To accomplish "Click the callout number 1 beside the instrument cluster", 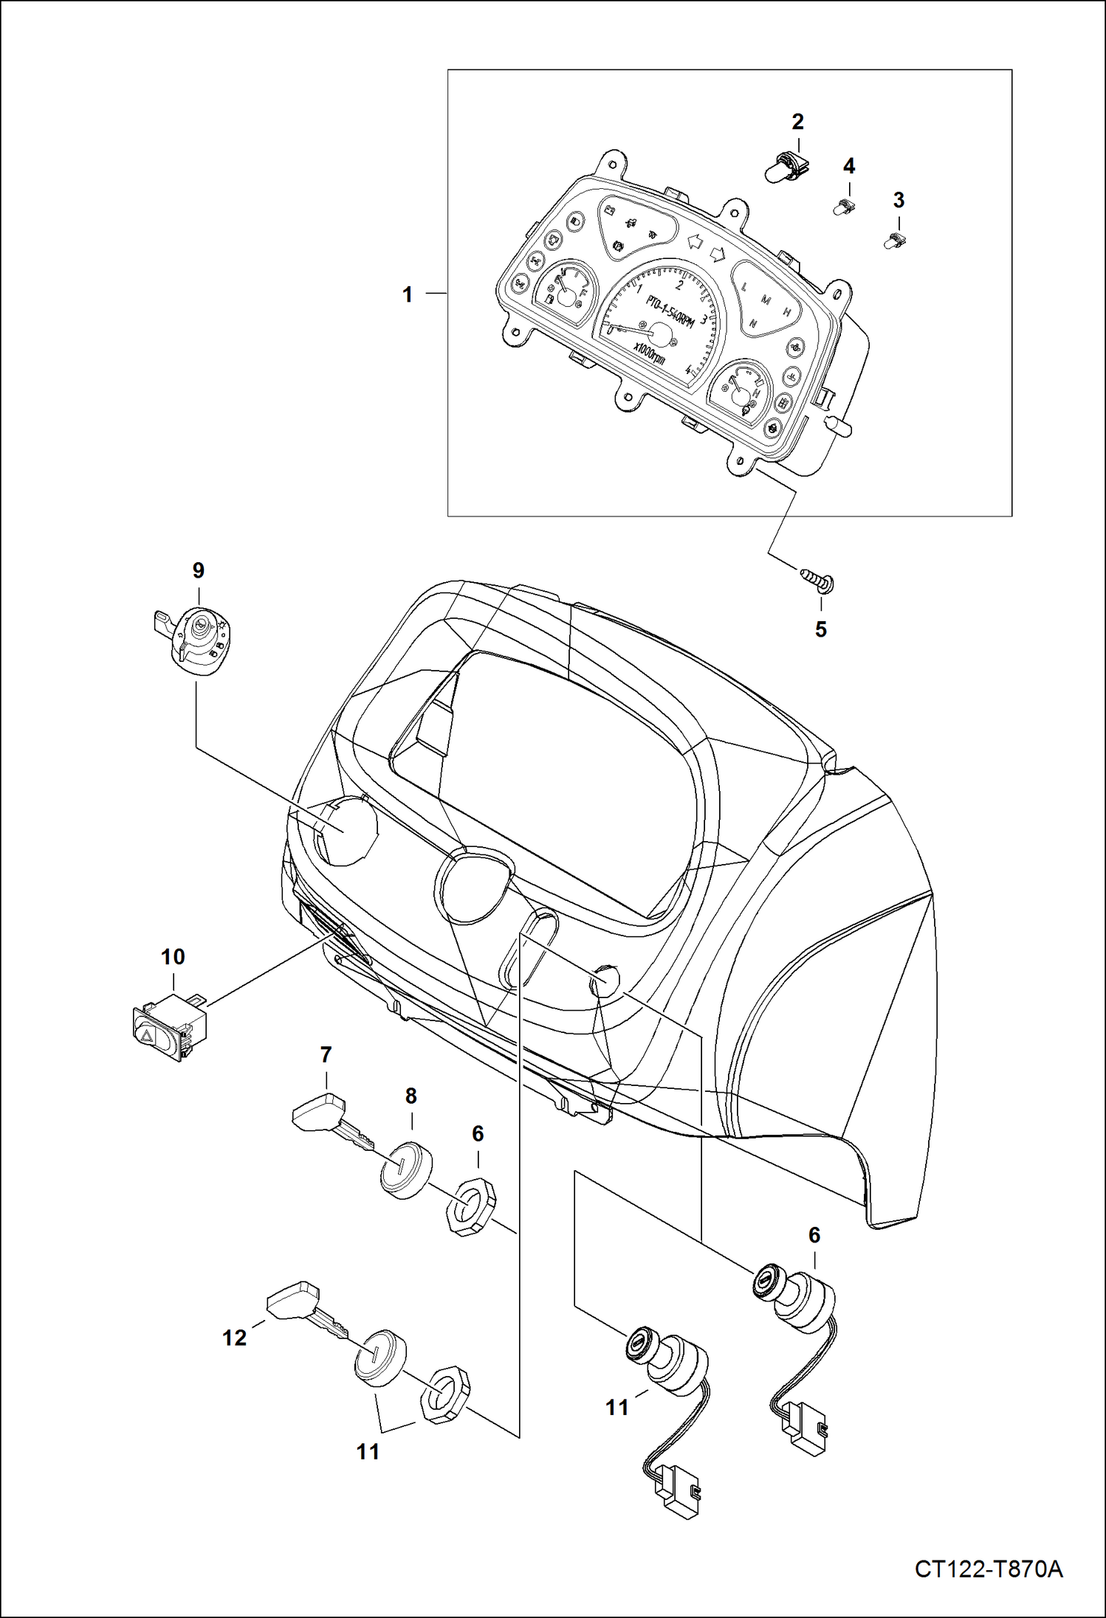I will coord(407,295).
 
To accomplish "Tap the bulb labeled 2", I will coord(786,167).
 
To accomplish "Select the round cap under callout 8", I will coord(405,1171).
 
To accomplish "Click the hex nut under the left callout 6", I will coord(470,1206).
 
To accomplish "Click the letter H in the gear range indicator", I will coord(787,313).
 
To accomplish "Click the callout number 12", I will coord(235,1337).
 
